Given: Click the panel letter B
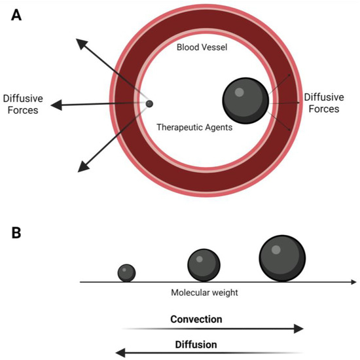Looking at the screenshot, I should [x=16, y=232].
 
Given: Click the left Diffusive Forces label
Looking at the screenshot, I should [x=21, y=105].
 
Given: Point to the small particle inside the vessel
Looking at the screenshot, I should [x=149, y=103].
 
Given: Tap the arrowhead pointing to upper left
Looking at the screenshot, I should [x=81, y=43].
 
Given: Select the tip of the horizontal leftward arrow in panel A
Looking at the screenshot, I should [x=56, y=105].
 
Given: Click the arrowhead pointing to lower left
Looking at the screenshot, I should [x=82, y=168].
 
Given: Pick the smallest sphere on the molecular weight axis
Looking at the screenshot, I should [x=126, y=272].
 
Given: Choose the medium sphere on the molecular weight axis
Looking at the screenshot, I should [x=204, y=265].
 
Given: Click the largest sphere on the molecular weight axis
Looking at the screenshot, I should [x=282, y=258].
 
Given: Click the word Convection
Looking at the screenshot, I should [x=196, y=319].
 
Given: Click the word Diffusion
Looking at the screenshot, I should [x=196, y=344].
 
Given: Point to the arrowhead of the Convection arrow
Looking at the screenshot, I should [x=299, y=329].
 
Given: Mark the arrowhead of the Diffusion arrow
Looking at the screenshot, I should [x=120, y=352].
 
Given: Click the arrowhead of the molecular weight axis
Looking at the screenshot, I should [x=353, y=282].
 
